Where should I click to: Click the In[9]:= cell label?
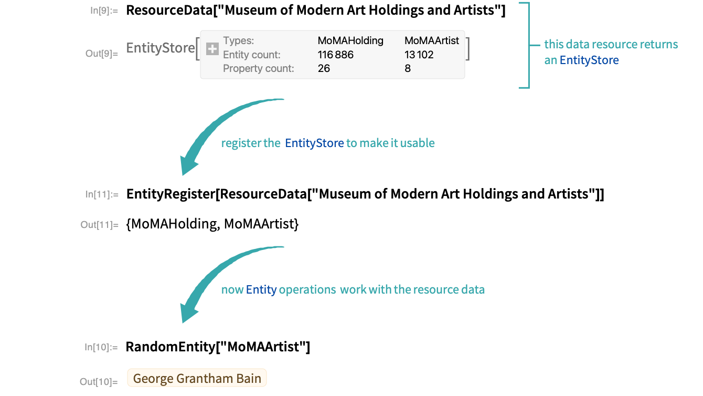[x=104, y=10]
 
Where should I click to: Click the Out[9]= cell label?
[x=102, y=53]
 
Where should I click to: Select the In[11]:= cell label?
[x=102, y=194]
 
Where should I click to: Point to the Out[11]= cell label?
[x=100, y=225]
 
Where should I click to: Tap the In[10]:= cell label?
[x=101, y=347]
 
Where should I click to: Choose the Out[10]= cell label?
[x=99, y=382]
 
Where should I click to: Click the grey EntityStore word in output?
[x=161, y=48]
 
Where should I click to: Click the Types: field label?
[x=239, y=41]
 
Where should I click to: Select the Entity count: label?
[x=252, y=55]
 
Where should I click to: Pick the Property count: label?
[x=259, y=68]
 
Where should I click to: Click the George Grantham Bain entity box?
[x=197, y=379]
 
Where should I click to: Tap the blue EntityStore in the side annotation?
[x=589, y=60]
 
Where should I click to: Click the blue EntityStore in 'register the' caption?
[x=315, y=143]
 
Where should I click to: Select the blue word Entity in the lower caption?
[x=261, y=289]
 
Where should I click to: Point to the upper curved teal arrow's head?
[x=188, y=165]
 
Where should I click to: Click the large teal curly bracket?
[x=525, y=45]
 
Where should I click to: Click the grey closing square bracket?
[x=467, y=49]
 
